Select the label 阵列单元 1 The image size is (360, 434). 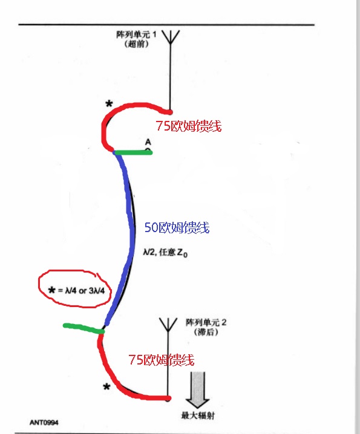click(136, 34)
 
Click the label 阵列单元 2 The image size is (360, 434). click(206, 322)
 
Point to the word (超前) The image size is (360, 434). click(136, 44)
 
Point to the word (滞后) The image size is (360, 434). click(206, 332)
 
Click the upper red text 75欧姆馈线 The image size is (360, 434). click(188, 126)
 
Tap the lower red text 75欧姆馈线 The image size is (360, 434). click(162, 360)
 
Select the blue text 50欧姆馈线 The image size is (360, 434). click(177, 227)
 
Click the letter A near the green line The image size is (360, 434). click(148, 142)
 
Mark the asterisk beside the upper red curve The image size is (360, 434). click(109, 104)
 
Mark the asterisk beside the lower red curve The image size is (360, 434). click(106, 387)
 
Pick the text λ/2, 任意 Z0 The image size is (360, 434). click(165, 253)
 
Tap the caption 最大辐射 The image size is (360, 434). click(198, 415)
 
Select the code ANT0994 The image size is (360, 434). click(44, 423)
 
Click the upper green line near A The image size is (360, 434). click(133, 152)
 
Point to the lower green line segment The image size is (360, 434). click(83, 328)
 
